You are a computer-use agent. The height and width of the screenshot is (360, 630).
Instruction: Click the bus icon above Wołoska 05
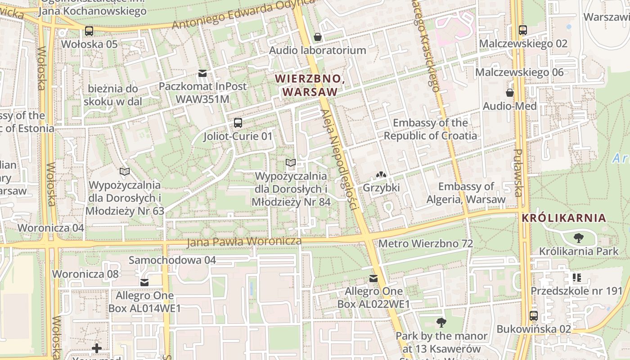click(x=89, y=31)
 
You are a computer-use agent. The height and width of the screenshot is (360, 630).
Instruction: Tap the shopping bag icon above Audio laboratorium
click(x=318, y=37)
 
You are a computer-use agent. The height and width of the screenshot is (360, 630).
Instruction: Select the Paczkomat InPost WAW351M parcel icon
click(x=202, y=73)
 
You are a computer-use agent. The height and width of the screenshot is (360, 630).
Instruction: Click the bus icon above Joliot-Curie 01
click(x=238, y=123)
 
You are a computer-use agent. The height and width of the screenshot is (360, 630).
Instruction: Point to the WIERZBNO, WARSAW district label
click(x=310, y=85)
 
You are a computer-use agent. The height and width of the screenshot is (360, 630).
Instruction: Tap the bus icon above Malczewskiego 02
click(x=522, y=30)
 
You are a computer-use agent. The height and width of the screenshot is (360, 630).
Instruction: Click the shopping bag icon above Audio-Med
click(x=510, y=93)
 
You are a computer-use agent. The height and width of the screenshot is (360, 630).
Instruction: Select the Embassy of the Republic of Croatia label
click(x=430, y=129)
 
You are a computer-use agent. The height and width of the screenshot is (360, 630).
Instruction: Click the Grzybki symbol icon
click(x=381, y=174)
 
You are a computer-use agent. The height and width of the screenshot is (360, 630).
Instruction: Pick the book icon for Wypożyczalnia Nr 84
click(x=291, y=162)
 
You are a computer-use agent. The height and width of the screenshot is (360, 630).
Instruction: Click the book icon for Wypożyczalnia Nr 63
click(x=125, y=171)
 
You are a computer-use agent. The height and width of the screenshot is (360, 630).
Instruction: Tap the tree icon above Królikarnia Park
click(x=579, y=238)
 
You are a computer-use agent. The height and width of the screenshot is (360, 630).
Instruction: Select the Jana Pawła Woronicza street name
click(x=244, y=242)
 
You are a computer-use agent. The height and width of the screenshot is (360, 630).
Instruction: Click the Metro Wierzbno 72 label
click(x=426, y=244)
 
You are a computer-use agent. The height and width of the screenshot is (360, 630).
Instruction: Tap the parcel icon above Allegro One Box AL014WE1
click(x=144, y=283)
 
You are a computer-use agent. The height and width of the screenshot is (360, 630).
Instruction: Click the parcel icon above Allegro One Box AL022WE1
click(x=373, y=279)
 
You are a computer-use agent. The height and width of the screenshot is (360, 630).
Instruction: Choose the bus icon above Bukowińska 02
click(x=534, y=316)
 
